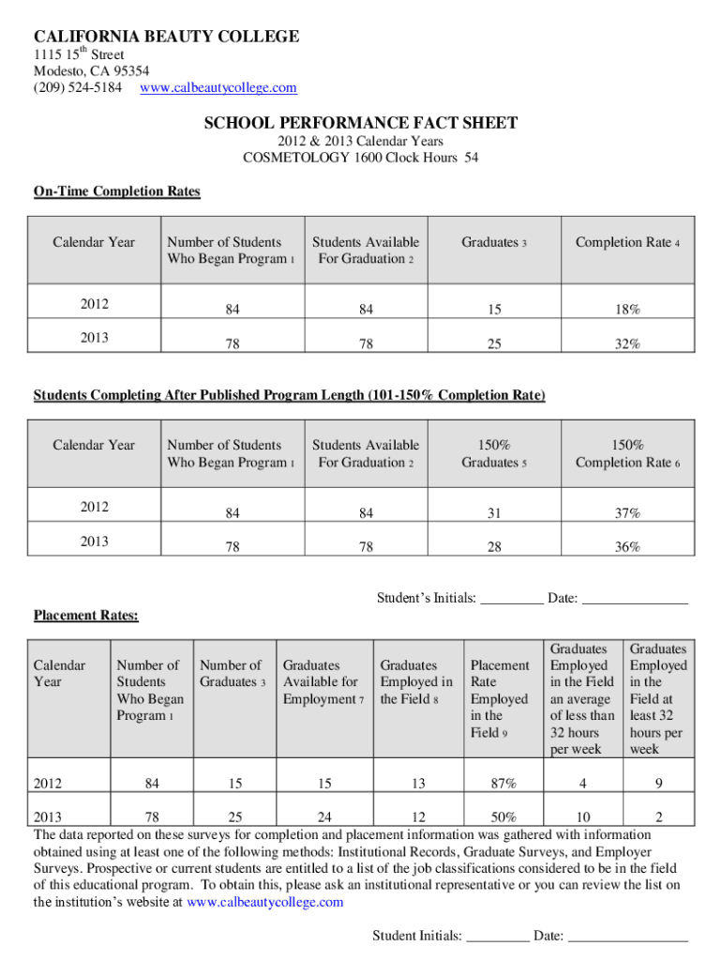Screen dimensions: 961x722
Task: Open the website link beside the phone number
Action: (x=218, y=87)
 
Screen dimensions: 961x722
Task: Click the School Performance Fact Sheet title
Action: (x=361, y=124)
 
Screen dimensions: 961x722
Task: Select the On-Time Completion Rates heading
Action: (x=117, y=191)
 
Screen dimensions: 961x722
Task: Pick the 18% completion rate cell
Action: (x=627, y=310)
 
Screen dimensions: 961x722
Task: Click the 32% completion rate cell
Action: (x=627, y=344)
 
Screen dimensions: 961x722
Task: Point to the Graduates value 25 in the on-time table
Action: (x=494, y=344)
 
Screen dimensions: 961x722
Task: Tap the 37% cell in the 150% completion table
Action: (x=627, y=513)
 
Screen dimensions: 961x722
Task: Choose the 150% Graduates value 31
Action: (x=494, y=513)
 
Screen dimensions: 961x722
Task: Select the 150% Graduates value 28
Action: (x=494, y=547)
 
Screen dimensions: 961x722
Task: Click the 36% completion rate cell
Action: (x=627, y=547)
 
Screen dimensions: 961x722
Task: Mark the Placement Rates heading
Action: (x=86, y=616)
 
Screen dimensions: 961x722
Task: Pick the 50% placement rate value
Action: (x=500, y=816)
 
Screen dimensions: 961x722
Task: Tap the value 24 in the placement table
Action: (x=323, y=816)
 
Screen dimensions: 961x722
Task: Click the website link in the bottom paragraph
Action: (x=265, y=902)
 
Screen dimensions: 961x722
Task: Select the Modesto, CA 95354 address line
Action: (x=92, y=71)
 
